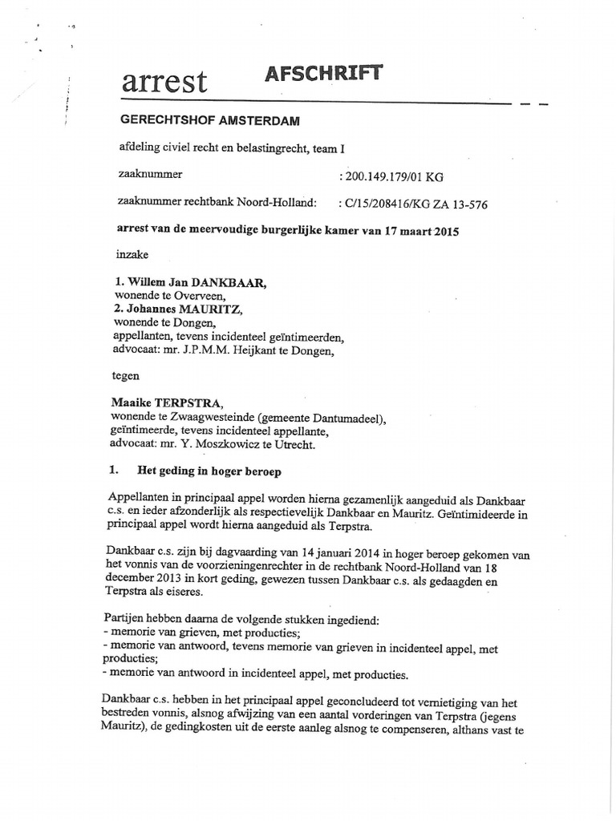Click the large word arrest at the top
(164, 82)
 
